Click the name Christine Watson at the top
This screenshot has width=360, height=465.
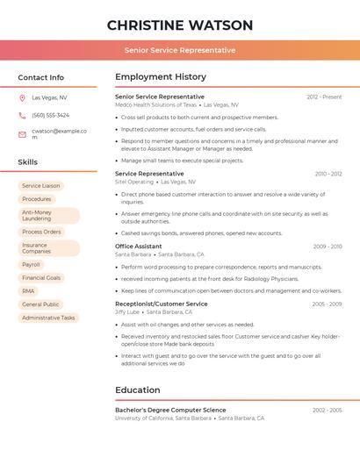point(180,25)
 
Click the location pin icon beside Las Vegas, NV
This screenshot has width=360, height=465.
point(22,97)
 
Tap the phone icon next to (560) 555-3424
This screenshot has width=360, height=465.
point(22,115)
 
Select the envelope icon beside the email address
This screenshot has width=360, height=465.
point(22,134)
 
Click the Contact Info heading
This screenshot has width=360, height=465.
point(40,77)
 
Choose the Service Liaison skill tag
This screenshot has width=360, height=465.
point(41,186)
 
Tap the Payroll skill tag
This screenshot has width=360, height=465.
point(32,264)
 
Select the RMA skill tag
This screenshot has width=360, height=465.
point(29,290)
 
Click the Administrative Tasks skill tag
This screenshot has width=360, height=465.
point(48,318)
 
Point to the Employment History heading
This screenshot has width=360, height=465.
point(161,77)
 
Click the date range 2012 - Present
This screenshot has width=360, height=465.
point(324,97)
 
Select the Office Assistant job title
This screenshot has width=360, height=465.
point(138,247)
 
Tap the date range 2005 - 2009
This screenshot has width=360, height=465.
point(327,304)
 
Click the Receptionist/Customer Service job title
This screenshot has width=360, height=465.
point(162,304)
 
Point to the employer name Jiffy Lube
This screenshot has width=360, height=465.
point(127,311)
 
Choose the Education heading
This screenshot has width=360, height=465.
point(138,390)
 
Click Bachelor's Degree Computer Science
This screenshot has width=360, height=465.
point(170,410)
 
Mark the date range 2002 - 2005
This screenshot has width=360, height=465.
point(327,410)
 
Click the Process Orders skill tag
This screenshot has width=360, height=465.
point(41,232)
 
